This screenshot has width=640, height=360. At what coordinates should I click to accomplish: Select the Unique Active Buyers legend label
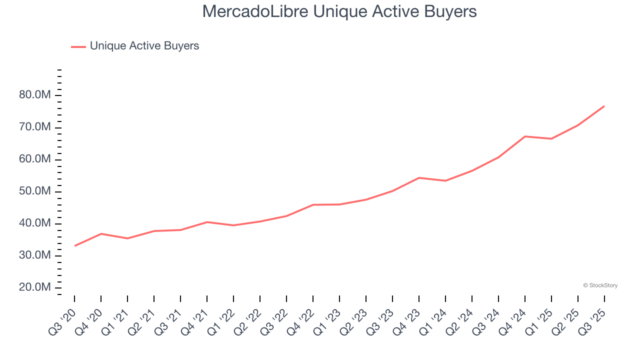(144, 46)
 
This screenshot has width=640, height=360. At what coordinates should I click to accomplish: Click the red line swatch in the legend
(78, 46)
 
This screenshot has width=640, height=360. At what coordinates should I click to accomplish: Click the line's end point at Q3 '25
(604, 106)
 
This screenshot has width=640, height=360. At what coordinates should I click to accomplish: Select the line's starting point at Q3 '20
(75, 245)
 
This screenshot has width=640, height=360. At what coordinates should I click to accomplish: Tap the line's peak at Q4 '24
(525, 136)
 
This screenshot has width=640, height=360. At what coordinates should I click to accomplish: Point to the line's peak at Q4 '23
(419, 177)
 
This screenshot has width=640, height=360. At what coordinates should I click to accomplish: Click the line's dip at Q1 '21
(128, 238)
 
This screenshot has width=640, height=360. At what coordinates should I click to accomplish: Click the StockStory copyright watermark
(600, 285)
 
